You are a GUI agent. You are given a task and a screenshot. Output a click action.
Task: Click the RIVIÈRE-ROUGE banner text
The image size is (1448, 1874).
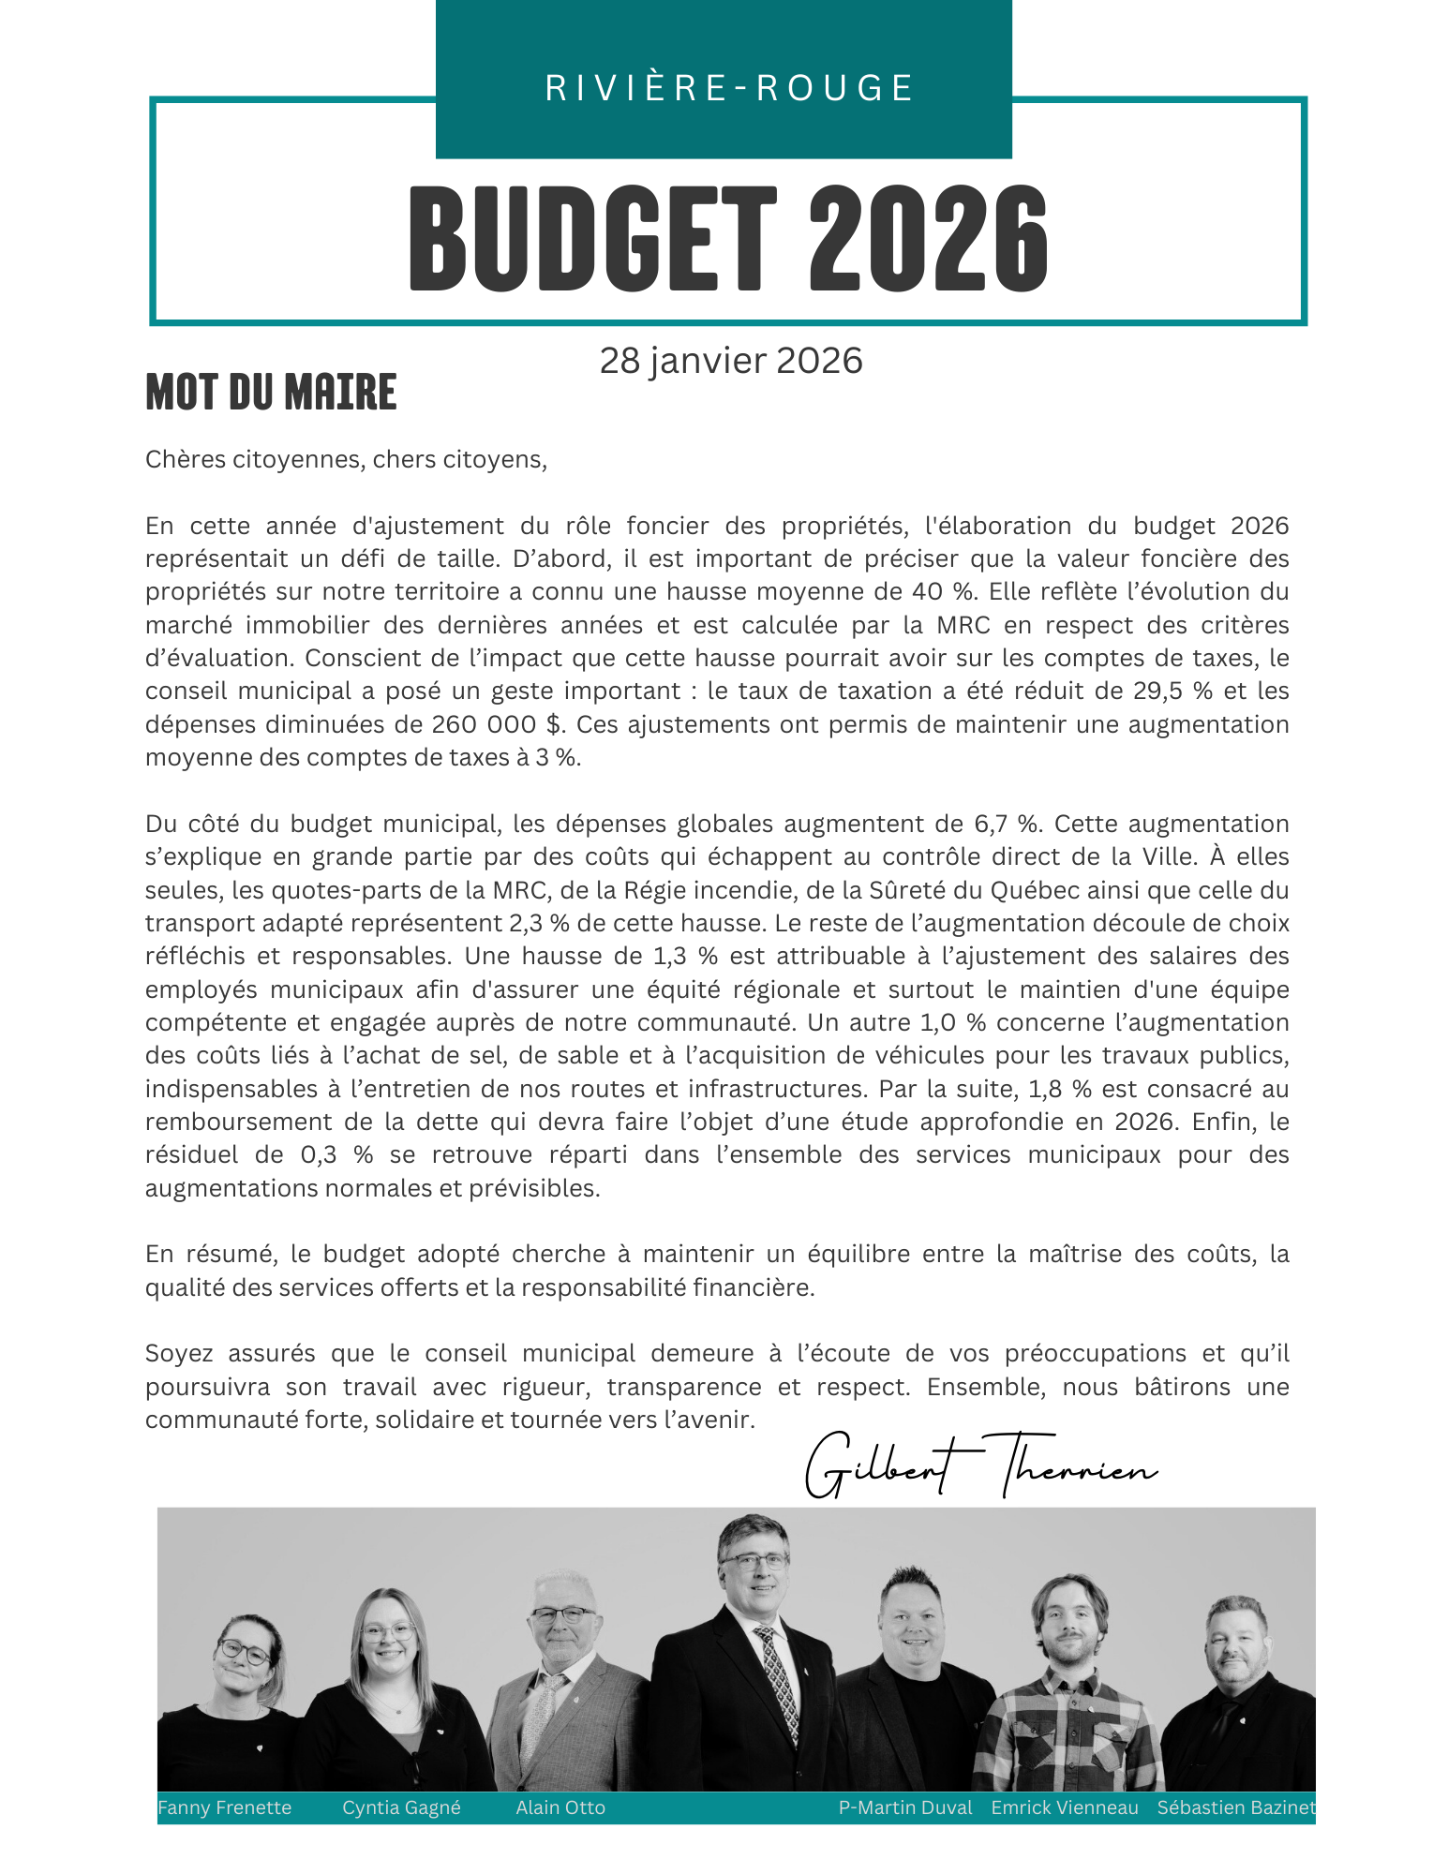[729, 88]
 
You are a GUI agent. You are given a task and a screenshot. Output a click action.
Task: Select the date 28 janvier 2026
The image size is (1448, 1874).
[731, 361]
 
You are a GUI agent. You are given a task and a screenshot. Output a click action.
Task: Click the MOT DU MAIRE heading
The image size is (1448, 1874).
[271, 392]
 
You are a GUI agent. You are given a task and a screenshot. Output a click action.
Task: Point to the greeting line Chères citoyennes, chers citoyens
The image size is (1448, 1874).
[346, 459]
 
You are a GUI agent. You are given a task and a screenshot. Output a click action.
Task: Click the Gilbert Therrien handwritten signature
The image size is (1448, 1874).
[980, 1465]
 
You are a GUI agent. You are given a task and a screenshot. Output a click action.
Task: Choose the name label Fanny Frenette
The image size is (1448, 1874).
[224, 1807]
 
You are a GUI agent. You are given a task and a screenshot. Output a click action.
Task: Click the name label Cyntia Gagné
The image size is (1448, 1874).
[401, 1807]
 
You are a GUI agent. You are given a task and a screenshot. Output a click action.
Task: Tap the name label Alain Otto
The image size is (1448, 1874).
[560, 1807]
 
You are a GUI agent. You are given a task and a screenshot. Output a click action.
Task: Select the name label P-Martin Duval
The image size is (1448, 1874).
[905, 1807]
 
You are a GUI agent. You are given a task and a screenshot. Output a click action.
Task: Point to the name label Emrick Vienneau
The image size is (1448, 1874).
[1065, 1807]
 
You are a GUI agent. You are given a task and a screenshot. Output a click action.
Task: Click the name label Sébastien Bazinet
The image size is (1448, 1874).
[1236, 1807]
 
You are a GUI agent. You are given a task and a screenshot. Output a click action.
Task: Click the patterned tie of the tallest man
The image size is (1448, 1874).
[779, 1687]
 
